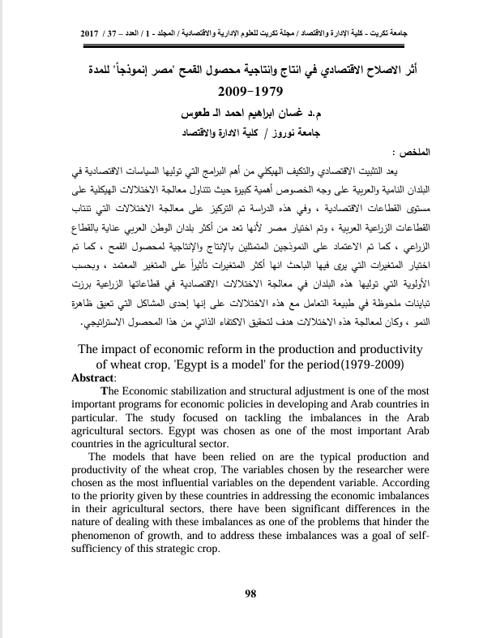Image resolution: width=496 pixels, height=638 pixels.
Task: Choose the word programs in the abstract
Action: (x=161, y=404)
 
